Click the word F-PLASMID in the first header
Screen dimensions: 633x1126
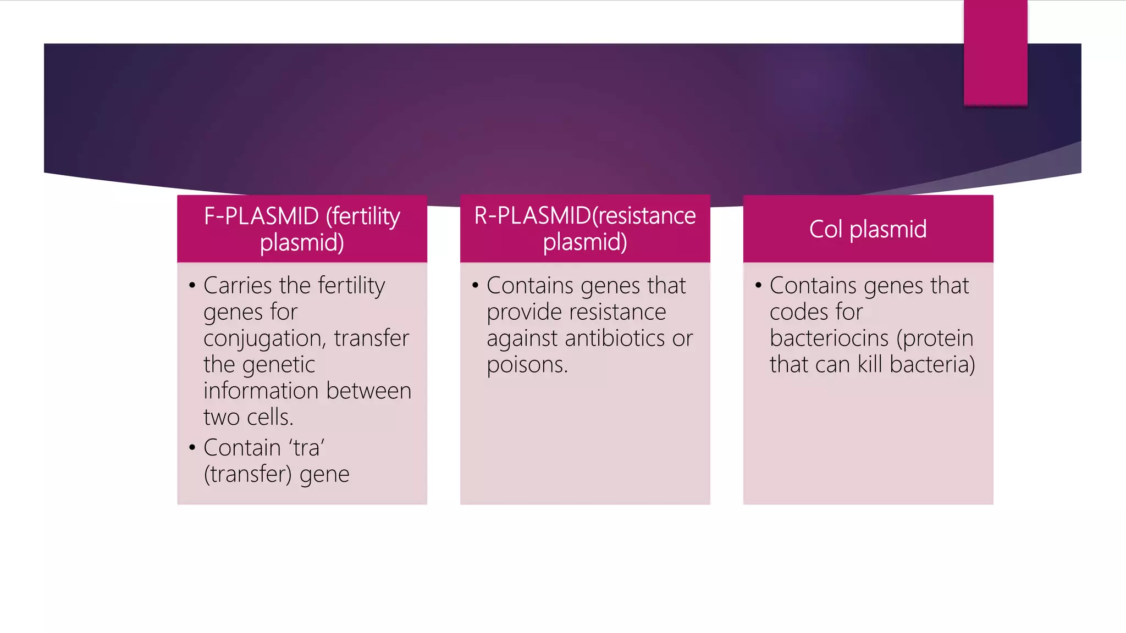261,216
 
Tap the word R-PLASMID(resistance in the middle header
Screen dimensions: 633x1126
585,215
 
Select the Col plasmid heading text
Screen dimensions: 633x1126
868,229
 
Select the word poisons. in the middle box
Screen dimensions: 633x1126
527,365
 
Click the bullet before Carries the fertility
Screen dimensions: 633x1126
192,285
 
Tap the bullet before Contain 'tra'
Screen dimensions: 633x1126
192,447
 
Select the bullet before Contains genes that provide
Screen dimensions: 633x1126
475,285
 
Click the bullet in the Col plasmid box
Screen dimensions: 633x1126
758,285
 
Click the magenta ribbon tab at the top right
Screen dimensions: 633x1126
995,53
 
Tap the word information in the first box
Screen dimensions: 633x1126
261,391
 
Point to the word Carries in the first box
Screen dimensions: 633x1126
238,285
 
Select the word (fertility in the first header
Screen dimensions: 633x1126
363,216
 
